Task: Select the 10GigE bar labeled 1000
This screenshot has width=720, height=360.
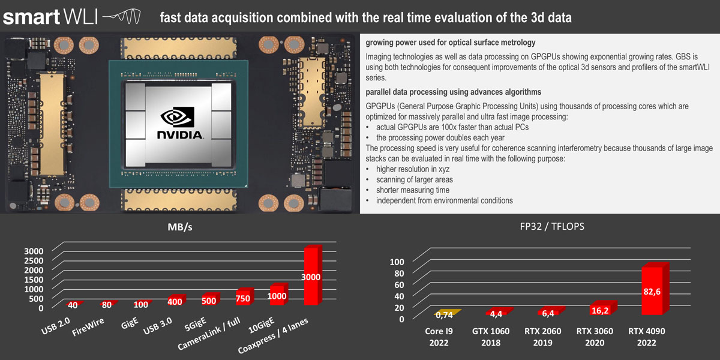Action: (x=277, y=295)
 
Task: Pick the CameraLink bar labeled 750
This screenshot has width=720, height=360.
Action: (x=243, y=298)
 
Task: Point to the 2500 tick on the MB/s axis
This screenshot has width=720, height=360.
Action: (x=33, y=260)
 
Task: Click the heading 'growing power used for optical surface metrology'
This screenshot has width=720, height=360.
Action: (x=451, y=43)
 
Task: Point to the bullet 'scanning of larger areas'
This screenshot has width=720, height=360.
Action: (x=414, y=179)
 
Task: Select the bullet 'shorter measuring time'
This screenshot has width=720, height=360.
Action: (x=412, y=190)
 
